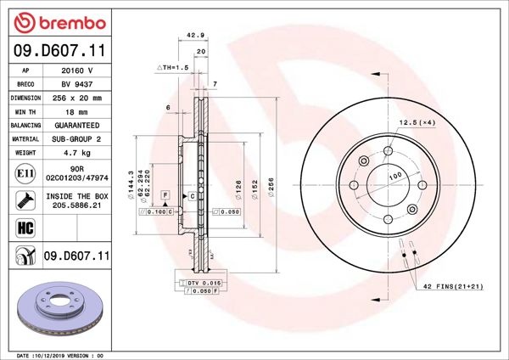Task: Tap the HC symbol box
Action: (x=25, y=227)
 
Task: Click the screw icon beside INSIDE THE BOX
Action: (x=25, y=200)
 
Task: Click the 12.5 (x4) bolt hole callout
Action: (x=417, y=123)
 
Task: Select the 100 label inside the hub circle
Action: (x=394, y=177)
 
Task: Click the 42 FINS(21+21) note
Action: (x=454, y=287)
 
